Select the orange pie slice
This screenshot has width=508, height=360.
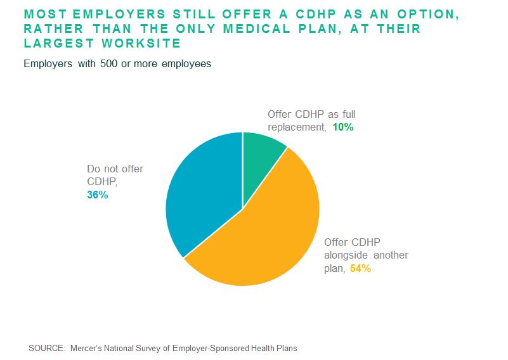[266, 235]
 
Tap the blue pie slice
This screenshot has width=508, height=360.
[203, 196]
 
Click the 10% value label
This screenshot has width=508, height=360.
[342, 127]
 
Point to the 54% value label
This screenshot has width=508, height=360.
[360, 268]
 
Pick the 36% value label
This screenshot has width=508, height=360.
[98, 195]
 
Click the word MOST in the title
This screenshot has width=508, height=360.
[44, 14]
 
